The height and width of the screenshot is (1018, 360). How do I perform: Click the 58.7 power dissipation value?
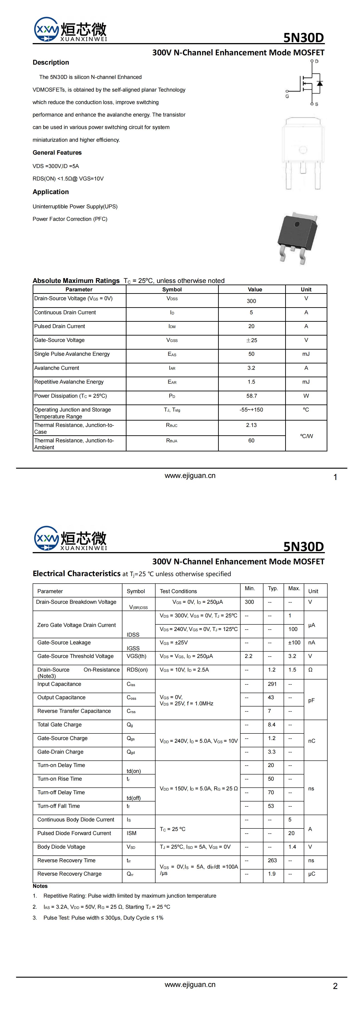(251, 396)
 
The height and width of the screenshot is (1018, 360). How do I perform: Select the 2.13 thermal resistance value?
(251, 425)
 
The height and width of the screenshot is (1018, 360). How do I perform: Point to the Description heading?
(51, 62)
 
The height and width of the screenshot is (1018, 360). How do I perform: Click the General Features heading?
(57, 153)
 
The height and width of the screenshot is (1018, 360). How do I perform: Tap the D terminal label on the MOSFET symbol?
(316, 61)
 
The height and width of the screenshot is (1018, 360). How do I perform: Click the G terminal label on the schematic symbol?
(287, 96)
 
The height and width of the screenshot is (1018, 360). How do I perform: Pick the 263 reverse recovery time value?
(272, 860)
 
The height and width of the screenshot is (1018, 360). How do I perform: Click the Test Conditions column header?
(178, 591)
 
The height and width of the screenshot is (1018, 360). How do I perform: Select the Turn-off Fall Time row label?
(58, 806)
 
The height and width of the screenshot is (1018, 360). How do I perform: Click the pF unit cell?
(311, 700)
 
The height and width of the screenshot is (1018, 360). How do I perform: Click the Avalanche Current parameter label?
(56, 368)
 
